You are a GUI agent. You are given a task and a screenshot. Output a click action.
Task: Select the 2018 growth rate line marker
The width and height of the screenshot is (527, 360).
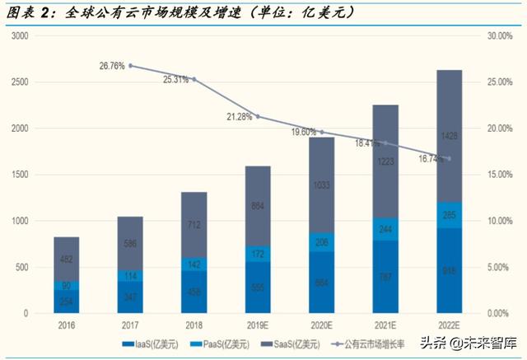click(x=194, y=80)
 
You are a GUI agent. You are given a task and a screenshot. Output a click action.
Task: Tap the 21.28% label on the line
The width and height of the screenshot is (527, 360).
click(x=240, y=116)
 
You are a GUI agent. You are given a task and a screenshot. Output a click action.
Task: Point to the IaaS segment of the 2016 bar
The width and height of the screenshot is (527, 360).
click(x=67, y=302)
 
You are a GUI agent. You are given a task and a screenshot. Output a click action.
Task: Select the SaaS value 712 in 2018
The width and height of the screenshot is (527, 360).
click(x=194, y=223)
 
